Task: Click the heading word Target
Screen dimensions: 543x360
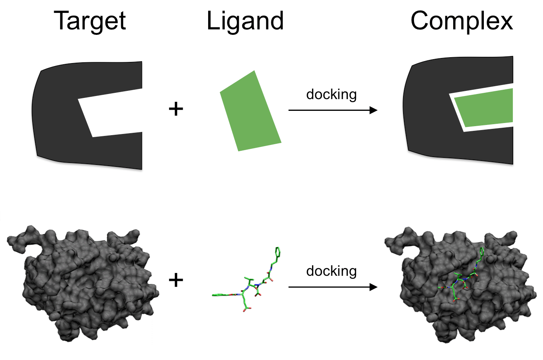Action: [90, 21]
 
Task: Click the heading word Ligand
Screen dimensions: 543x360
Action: [245, 21]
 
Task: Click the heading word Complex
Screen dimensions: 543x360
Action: [461, 21]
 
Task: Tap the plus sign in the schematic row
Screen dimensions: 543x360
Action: [176, 109]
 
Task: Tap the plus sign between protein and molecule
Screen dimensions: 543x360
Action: [176, 280]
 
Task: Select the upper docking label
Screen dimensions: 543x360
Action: [331, 94]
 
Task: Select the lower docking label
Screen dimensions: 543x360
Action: [331, 271]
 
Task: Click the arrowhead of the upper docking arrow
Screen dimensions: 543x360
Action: [374, 110]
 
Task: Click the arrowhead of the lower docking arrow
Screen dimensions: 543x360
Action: [374, 287]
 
